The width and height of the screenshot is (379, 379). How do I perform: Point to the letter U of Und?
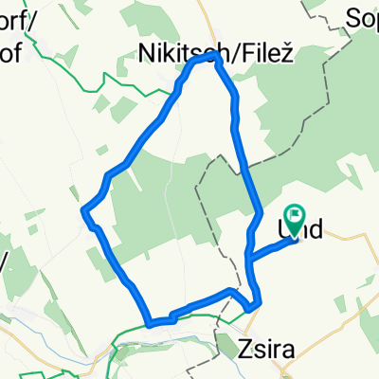point(284,228)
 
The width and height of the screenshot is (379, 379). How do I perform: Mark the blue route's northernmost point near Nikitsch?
point(210,57)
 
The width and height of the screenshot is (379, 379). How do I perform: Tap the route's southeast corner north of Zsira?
point(249,306)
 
